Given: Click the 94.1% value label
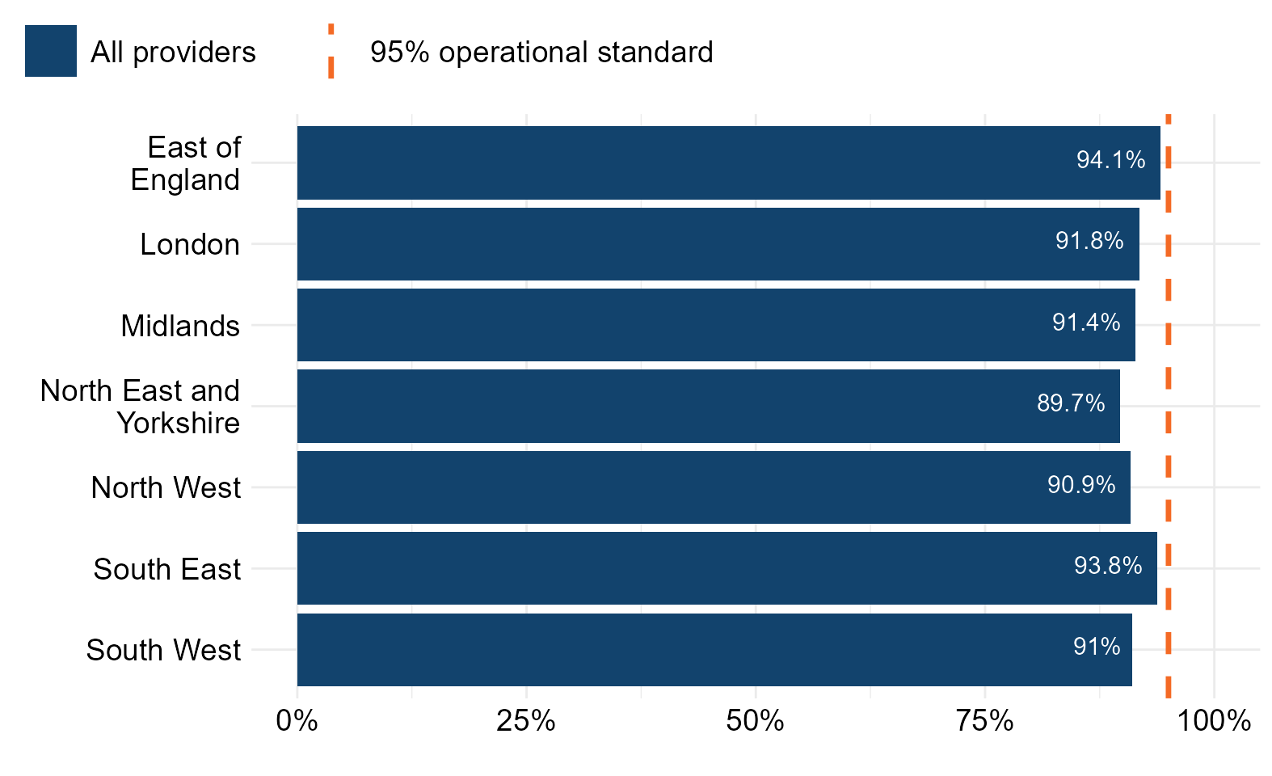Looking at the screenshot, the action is pos(1110,159).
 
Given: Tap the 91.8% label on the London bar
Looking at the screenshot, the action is pos(1089,241).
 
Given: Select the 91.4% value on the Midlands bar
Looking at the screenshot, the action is pos(1086,322).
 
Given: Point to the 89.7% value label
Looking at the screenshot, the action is pos(1071,403).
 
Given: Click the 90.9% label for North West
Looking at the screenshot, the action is pos(1081,484).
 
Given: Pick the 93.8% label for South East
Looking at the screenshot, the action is pos(1108,566).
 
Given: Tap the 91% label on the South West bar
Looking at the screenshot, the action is pos(1097,647).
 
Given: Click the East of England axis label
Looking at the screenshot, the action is pos(186,163).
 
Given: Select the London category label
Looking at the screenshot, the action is pos(190,245).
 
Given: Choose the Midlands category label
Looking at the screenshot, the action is pos(180,326).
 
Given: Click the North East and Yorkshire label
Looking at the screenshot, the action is pos(140,407).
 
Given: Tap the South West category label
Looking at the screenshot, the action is pos(163,650).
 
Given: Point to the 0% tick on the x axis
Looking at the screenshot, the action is pos(297,721).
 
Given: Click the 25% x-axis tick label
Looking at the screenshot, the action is pos(526,721).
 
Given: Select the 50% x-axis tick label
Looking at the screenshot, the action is pos(756,721).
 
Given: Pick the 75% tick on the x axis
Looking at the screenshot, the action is pos(984,721).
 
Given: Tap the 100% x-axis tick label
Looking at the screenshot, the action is pos(1214,721).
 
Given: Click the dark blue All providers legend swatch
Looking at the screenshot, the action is pos(51,51).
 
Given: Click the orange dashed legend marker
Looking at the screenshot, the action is pos(331,51).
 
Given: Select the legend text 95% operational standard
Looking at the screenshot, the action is pos(541,53).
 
